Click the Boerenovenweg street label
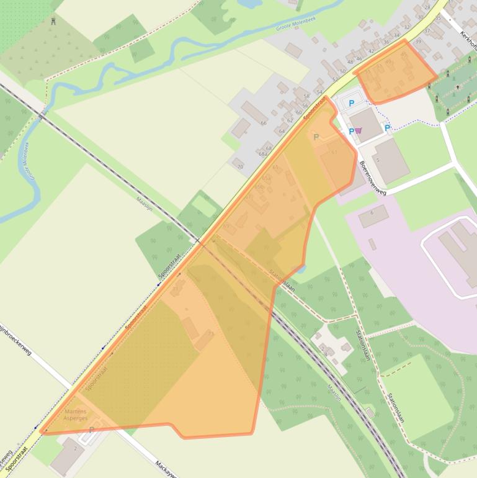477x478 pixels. (x=373, y=179)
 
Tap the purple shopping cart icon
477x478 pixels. (x=359, y=130)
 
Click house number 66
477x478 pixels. (x=264, y=123)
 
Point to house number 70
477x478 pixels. (x=240, y=167)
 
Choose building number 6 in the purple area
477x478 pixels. (x=372, y=213)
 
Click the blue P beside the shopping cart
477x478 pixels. (x=351, y=131)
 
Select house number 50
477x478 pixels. (x=342, y=72)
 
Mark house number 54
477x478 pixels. (x=319, y=92)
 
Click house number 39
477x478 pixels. (x=417, y=42)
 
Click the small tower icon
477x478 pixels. (x=54, y=22)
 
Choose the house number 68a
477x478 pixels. (x=269, y=155)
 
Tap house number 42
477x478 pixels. (x=372, y=51)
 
